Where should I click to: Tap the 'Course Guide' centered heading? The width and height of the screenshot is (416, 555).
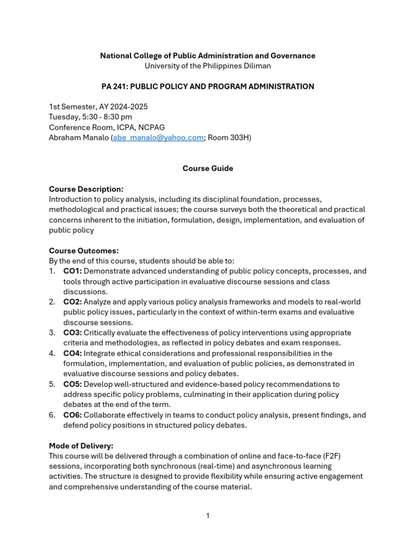point(207,169)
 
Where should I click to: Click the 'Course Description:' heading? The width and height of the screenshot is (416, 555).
point(86,189)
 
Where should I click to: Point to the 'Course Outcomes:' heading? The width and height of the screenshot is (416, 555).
point(83,251)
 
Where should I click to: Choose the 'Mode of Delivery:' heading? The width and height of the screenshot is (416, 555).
point(81,446)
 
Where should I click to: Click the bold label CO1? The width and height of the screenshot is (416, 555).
point(73,271)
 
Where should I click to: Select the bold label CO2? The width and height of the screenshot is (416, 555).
point(73,302)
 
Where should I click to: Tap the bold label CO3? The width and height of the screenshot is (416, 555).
point(73,333)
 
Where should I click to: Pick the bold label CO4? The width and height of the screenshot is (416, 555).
point(73,353)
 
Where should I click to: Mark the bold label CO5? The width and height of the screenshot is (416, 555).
point(73,384)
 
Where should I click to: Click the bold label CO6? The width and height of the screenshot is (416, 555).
point(73,415)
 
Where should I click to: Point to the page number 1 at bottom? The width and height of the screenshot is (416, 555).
point(207,515)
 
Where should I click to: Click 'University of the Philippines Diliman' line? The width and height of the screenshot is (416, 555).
point(207,66)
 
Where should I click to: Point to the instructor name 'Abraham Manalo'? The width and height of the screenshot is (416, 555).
point(79,138)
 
